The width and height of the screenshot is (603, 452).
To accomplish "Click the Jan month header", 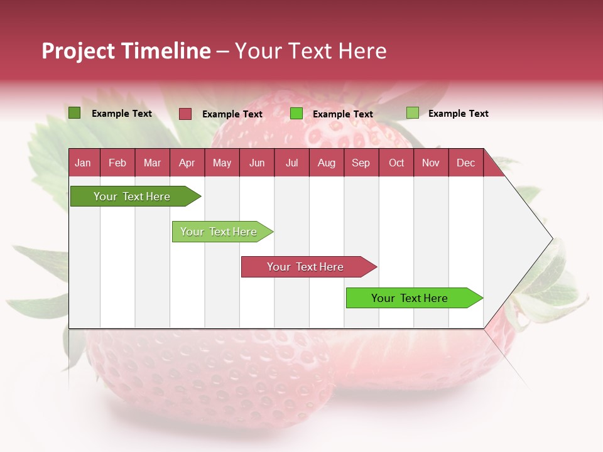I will click(83, 163).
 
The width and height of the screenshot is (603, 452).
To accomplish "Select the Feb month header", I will click(117, 163).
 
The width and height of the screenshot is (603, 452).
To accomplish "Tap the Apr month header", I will click(187, 163).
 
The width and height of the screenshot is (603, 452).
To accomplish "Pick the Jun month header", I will click(257, 163).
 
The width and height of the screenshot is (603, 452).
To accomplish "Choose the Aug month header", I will click(326, 163).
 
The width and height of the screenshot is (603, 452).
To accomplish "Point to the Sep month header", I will click(361, 163).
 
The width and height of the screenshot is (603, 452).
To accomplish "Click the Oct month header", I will click(396, 163).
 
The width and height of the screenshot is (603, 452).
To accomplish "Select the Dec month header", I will click(465, 163).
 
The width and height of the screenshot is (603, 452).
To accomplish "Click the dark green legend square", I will click(74, 113).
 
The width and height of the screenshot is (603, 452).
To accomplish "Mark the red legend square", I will click(185, 114).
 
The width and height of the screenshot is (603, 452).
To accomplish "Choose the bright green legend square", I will click(296, 114).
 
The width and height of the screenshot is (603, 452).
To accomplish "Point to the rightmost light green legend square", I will click(412, 113).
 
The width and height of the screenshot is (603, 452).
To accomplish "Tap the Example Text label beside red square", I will click(232, 114).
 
